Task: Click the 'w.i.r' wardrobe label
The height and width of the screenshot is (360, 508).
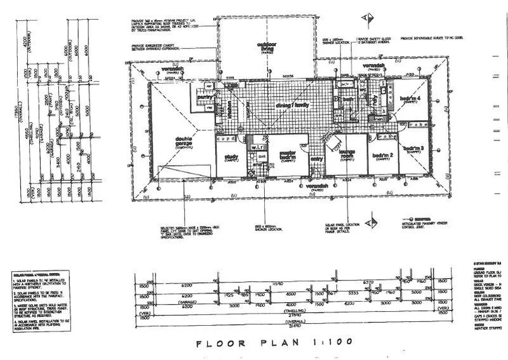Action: click(x=256, y=148)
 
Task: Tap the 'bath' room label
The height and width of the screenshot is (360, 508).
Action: click(x=347, y=99)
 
